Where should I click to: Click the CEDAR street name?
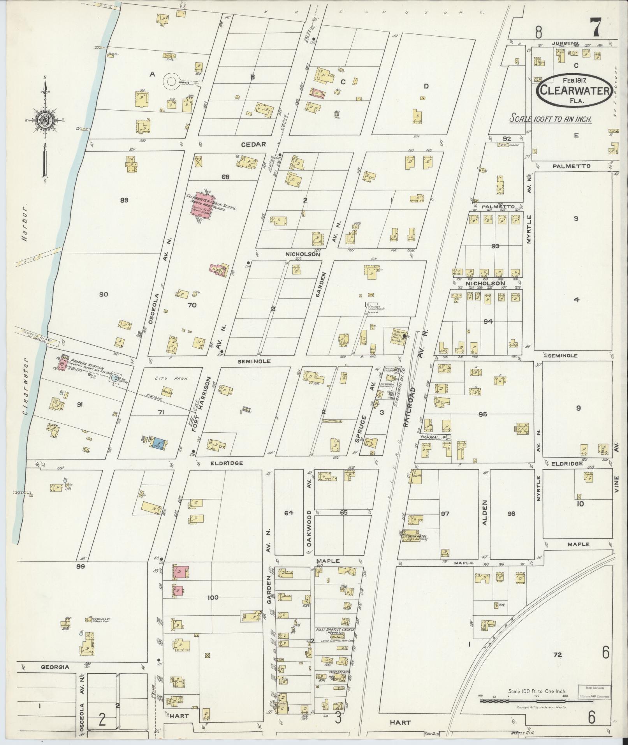point(253,144)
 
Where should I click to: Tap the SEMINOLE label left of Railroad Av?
point(254,361)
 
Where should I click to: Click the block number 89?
point(124,200)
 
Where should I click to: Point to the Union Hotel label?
point(417,536)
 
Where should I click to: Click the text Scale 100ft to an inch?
point(551,119)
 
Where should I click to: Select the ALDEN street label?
point(485,513)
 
